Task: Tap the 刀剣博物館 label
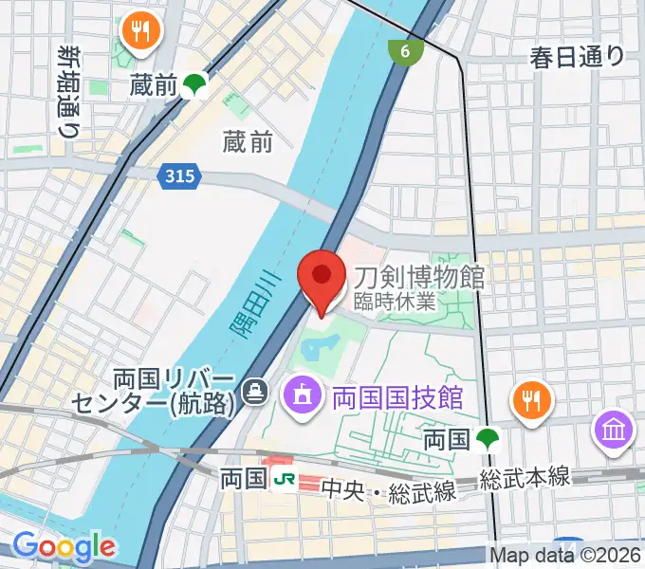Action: click(419, 277)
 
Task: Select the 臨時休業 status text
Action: click(395, 303)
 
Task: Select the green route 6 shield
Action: click(405, 51)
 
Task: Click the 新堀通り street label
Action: click(67, 90)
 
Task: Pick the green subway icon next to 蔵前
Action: click(195, 85)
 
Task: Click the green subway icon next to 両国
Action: click(488, 439)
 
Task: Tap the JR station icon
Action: click(282, 479)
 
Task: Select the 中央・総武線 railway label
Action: click(389, 491)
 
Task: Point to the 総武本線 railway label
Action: click(524, 478)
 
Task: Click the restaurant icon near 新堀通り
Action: click(142, 32)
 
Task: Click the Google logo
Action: click(64, 546)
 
